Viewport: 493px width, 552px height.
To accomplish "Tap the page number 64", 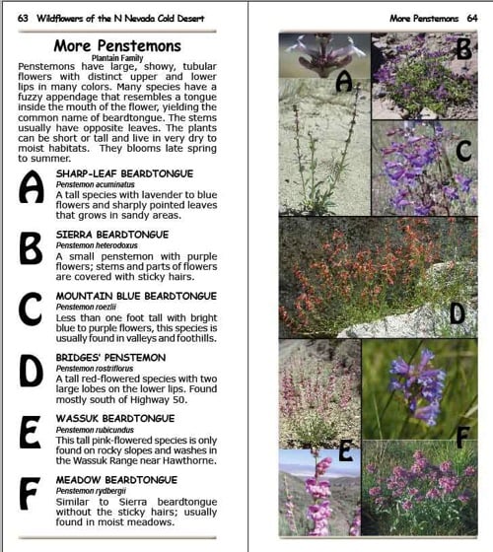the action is coord(477,18).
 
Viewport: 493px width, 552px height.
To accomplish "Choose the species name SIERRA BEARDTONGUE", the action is coord(111,235).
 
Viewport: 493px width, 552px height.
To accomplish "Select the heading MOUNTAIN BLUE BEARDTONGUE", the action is coord(136,296).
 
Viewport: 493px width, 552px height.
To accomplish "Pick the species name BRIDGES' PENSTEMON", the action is coord(110,357).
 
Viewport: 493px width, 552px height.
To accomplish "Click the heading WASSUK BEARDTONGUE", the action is coord(114,418).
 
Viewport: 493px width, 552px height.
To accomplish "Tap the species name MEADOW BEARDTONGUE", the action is coord(116,479).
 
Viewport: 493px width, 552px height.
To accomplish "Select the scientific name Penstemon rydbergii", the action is coord(86,490).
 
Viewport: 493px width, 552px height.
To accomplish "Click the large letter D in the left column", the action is coord(31,372).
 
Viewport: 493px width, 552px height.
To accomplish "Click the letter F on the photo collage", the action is coord(462,435).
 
